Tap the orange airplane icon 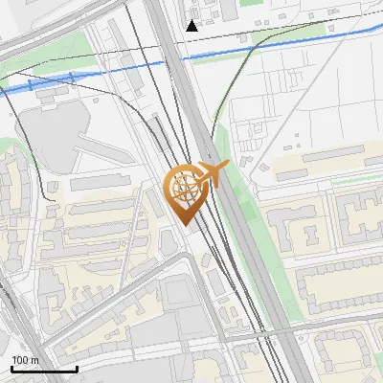point(214,174)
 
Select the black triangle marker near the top point(192,25)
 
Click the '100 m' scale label point(26,359)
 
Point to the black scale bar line point(44,369)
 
